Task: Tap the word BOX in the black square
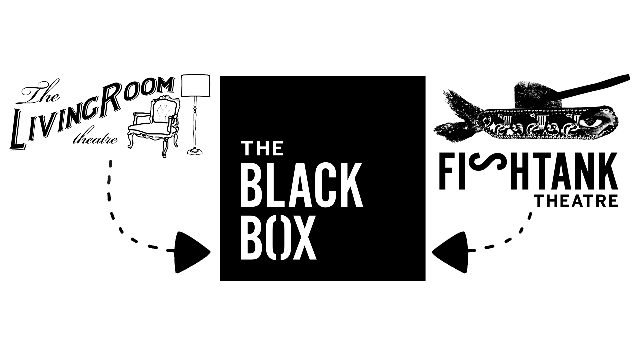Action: coord(278,238)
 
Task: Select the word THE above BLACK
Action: coord(262,148)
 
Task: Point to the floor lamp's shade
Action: coord(196,85)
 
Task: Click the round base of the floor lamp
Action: coord(196,151)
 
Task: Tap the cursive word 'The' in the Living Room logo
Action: coord(41,94)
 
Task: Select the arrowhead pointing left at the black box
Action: coord(450,252)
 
